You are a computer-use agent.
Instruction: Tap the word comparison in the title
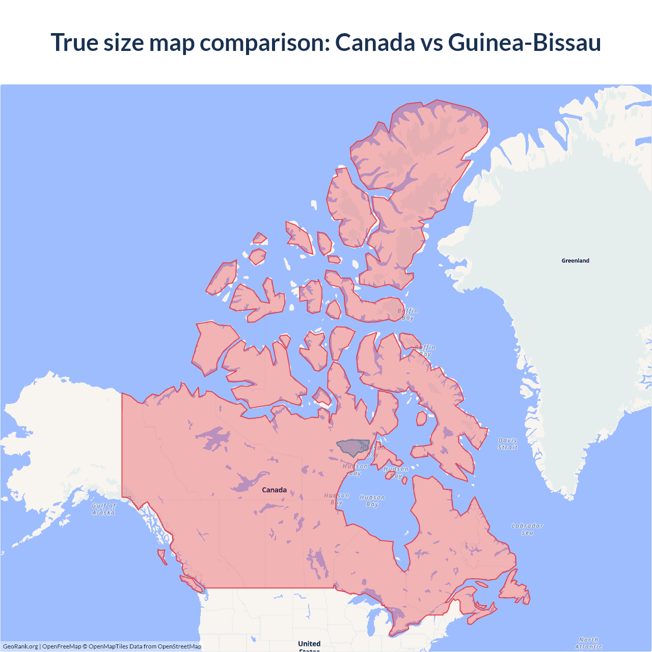pos(264,42)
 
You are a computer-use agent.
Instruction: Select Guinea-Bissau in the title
pos(524,42)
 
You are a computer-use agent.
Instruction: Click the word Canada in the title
pos(375,42)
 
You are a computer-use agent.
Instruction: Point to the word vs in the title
pos(431,42)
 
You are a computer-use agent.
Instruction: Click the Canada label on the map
pos(274,490)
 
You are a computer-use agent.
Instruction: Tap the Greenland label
pos(575,261)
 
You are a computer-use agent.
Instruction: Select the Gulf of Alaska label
pos(103,509)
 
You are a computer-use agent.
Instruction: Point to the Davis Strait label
pos(507,444)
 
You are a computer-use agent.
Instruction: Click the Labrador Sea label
pos(527,529)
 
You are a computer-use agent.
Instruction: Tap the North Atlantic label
pos(588,643)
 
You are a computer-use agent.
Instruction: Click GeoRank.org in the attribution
pos(20,646)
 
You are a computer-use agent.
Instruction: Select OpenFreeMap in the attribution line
pos(62,646)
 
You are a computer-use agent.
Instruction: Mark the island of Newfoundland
pos(514,590)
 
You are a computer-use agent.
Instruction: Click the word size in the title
pos(124,42)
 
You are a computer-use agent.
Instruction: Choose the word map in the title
pos(172,42)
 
